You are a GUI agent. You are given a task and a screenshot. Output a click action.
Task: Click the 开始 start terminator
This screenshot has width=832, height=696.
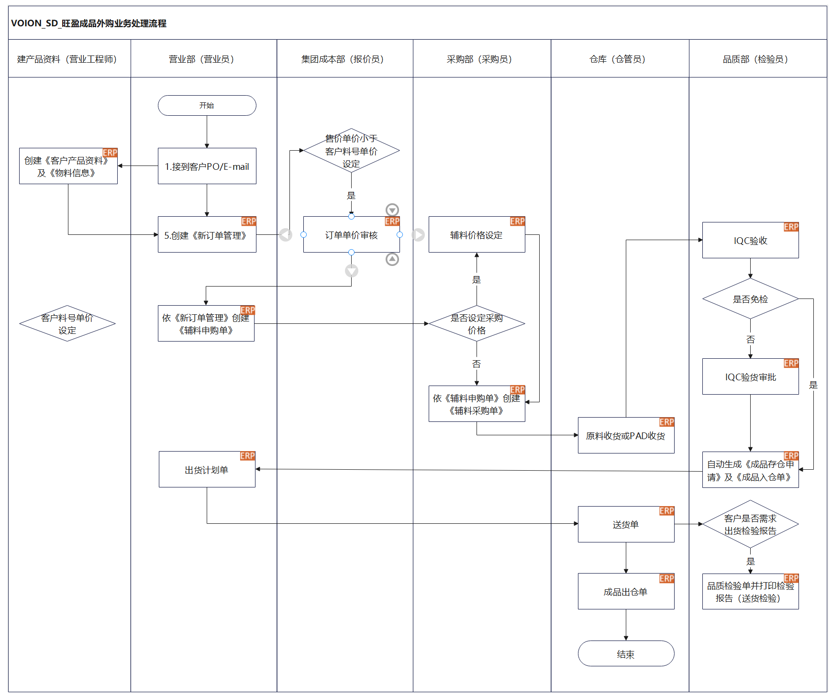tap(207, 105)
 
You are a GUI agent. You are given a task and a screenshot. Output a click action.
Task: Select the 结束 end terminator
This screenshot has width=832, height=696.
tap(626, 653)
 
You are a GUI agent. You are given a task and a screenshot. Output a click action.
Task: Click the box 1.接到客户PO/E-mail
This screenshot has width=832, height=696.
tap(207, 166)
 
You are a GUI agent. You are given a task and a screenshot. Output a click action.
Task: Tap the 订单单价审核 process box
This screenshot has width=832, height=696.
tap(351, 234)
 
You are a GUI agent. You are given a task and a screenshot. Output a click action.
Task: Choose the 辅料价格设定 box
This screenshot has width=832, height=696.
tap(477, 234)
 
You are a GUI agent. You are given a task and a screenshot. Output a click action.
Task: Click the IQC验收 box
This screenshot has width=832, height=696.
tap(750, 240)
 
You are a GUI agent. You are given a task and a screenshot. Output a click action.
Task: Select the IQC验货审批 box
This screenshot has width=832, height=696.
tap(750, 376)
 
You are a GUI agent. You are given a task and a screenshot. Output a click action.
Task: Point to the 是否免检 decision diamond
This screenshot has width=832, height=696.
tap(750, 299)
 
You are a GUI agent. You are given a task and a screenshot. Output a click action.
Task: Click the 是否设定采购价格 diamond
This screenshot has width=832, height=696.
tap(477, 323)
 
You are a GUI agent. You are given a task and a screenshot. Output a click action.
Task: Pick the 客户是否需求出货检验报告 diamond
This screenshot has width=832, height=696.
tap(750, 524)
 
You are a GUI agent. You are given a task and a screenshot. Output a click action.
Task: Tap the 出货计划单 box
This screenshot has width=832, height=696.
tap(207, 469)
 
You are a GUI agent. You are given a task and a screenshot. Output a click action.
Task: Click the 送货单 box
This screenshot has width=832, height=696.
tap(626, 524)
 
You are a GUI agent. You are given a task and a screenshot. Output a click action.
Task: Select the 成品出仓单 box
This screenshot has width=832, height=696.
tap(626, 591)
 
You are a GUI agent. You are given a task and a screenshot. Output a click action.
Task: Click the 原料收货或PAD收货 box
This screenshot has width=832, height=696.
tap(626, 435)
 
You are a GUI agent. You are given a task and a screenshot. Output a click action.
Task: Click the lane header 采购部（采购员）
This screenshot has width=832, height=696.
tap(479, 59)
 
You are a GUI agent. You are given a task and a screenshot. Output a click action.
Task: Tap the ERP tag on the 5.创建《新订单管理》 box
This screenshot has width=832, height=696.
tap(249, 221)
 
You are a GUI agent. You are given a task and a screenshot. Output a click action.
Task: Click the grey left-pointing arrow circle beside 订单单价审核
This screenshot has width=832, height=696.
tap(286, 235)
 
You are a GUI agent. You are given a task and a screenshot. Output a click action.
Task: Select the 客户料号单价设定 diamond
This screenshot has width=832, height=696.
tap(67, 323)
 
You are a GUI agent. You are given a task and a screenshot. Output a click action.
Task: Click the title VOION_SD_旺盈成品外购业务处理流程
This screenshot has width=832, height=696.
tap(89, 23)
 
